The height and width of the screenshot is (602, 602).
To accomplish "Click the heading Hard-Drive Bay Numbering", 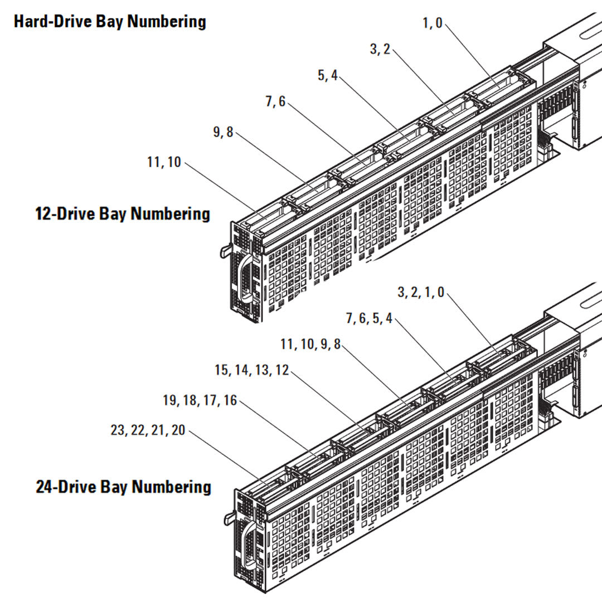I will (110, 22).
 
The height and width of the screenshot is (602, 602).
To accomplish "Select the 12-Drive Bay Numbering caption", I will (123, 214).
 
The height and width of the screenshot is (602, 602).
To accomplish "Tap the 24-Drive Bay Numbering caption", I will (123, 487).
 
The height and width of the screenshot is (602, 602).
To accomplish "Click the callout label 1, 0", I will (432, 23).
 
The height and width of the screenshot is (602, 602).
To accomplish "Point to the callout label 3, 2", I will (380, 49).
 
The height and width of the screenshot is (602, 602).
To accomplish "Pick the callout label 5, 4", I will (328, 75).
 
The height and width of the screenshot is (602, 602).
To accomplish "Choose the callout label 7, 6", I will (275, 101).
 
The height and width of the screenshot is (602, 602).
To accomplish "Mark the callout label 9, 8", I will (223, 132).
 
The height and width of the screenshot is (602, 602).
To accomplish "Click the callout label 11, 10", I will (164, 162).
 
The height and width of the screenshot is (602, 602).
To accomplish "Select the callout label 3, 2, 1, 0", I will (421, 293).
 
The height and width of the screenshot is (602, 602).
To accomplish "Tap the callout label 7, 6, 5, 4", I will (369, 318).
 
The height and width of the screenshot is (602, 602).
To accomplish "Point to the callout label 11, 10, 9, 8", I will (310, 344).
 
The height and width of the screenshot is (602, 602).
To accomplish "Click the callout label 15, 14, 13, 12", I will (251, 370).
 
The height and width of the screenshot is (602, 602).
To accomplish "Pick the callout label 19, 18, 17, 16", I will (200, 400).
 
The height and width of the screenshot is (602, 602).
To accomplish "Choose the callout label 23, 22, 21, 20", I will (148, 430).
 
